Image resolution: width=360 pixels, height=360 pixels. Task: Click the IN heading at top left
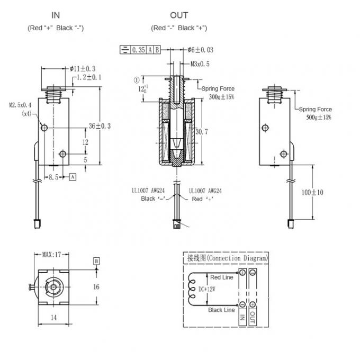[55, 15]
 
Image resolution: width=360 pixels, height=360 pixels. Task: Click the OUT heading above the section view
[179, 15]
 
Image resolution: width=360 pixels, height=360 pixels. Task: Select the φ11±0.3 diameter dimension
[83, 68]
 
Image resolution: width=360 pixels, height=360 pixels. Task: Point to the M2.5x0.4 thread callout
[21, 105]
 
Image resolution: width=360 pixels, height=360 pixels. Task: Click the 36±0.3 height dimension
[100, 126]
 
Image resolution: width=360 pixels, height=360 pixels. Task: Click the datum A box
[72, 177]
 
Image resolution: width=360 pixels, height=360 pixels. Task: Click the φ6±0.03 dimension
[200, 50]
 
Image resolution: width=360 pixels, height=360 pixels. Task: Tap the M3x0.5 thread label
[200, 64]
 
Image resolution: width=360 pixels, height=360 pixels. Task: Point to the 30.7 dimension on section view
[203, 131]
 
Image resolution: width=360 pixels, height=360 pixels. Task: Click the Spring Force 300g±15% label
[218, 93]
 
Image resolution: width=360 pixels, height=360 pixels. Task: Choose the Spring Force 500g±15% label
[317, 113]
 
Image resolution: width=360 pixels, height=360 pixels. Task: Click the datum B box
[96, 261]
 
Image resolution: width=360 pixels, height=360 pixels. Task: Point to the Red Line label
[222, 277]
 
